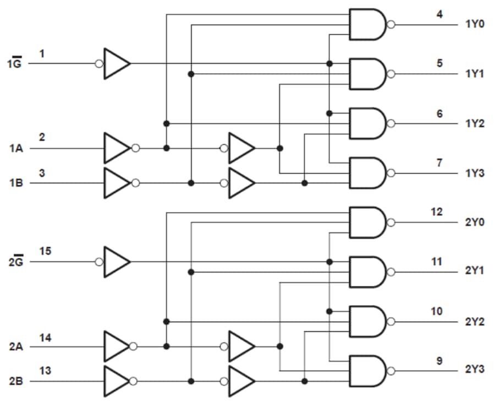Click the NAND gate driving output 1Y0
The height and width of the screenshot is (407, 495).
[367, 24]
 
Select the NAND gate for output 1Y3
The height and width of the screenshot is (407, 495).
[367, 173]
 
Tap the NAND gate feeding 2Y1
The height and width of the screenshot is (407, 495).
[367, 272]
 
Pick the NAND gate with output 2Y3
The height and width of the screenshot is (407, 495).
[367, 371]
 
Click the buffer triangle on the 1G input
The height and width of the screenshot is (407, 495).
[116, 63]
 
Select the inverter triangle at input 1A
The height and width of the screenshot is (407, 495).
[116, 148]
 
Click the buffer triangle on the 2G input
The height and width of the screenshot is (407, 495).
[116, 262]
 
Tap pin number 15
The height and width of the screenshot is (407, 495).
[46, 251]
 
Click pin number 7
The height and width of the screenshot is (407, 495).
[439, 163]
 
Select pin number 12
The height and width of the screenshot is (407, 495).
[437, 212]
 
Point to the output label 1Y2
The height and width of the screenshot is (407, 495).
[475, 123]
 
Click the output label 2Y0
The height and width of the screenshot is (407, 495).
[475, 223]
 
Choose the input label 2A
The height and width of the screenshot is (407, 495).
[15, 347]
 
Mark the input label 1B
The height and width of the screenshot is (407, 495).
[15, 183]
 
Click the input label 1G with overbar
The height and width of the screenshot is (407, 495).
[14, 63]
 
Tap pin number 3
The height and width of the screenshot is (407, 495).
[42, 173]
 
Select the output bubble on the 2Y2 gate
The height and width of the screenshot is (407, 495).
[391, 322]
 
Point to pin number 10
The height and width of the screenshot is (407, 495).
[437, 312]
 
